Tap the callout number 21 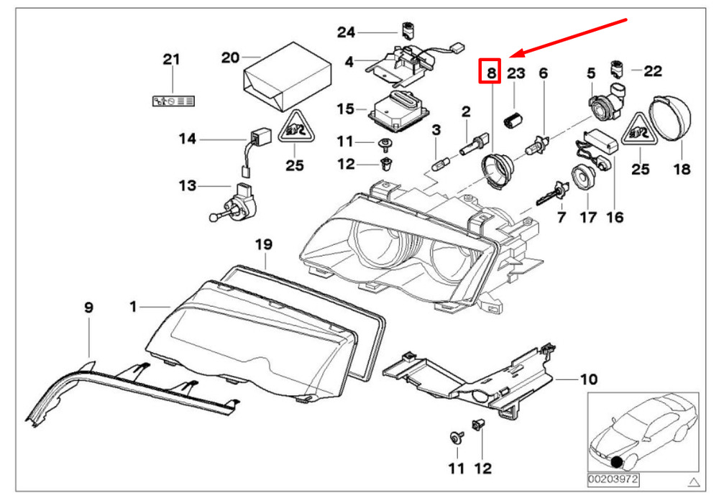coord(171,60)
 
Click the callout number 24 coord(347,32)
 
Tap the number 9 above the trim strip coord(88,308)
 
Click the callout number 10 coord(588,379)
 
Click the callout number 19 coord(264,244)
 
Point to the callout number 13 coord(187,186)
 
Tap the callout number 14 coord(187,139)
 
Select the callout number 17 coord(588,216)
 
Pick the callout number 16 coord(615,216)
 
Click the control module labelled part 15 coord(401,107)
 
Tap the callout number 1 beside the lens coord(133,307)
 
